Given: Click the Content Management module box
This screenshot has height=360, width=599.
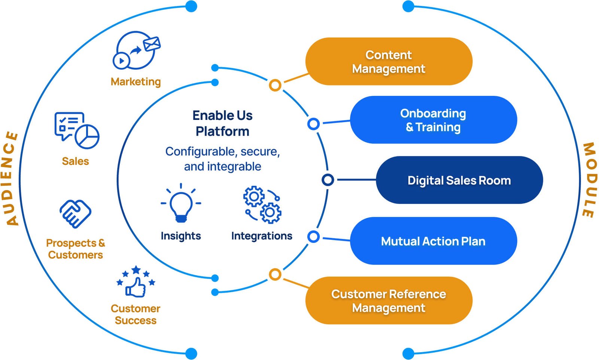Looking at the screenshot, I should coord(389,61).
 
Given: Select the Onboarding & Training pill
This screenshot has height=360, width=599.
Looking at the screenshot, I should coord(433,120).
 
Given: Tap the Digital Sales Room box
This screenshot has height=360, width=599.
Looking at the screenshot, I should coord(459,180).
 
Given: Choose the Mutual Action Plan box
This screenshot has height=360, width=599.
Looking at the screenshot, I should coord(433,241).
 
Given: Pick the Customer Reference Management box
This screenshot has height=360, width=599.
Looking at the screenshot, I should coord(389,300).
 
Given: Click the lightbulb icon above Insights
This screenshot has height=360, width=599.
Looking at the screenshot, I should coord(181,205).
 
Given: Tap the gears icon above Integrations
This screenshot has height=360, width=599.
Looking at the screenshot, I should coord(262,205).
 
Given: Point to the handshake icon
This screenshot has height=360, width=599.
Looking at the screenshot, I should coord(75,214).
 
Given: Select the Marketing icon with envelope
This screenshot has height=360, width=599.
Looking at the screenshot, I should coord(136,50).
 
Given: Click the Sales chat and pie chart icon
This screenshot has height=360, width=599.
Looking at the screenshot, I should coord(76,130).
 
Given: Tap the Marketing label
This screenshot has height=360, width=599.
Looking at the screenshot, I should coord(136,82).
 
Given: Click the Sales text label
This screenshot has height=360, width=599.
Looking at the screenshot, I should coord(75,161).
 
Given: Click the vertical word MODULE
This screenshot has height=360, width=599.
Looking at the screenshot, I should coord(589,180).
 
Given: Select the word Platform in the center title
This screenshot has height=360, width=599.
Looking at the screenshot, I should coord(222,131).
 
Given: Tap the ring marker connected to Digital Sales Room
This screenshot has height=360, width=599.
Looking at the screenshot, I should coord(328,180).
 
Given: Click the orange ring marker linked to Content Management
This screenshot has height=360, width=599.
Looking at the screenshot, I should coord(275,85).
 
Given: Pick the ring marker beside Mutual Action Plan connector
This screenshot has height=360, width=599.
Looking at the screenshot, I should coord(313,237).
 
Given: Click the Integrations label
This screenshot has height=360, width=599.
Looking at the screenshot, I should coord(262,236).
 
